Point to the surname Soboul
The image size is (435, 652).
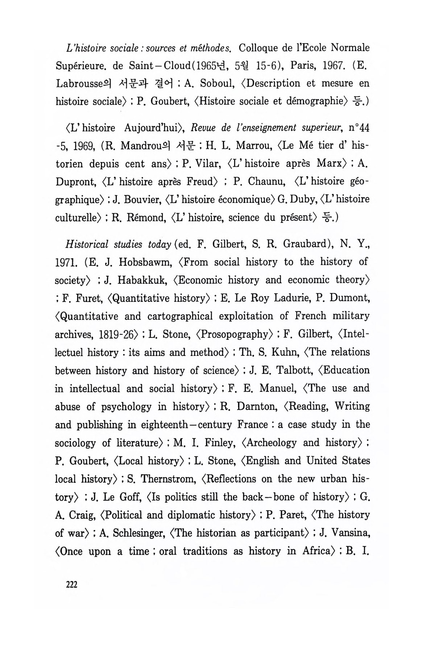[216, 84]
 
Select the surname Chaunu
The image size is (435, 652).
[266, 181]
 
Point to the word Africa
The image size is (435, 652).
[314, 552]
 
